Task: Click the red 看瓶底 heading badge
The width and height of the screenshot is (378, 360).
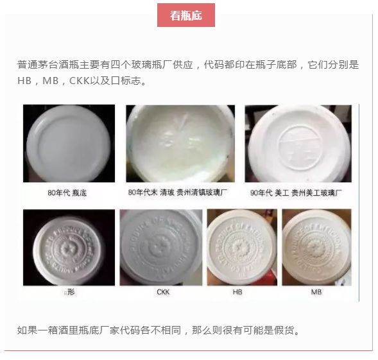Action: [186, 15]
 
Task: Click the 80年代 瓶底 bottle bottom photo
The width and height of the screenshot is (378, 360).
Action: [69, 142]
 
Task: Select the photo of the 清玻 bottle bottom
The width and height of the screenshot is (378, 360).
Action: [180, 142]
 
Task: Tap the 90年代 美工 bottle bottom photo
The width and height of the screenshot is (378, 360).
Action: [299, 142]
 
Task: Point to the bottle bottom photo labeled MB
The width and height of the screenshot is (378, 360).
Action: [316, 247]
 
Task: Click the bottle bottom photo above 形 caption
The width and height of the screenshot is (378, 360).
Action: [69, 247]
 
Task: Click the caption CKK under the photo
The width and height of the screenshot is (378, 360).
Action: [163, 292]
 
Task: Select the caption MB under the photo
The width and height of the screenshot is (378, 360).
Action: [316, 292]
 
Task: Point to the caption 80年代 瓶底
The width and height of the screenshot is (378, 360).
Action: [69, 192]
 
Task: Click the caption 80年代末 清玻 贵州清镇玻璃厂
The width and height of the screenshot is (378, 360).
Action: [181, 192]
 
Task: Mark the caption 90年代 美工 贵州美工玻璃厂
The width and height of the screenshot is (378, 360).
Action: [299, 192]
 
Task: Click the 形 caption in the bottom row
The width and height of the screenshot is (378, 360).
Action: [71, 292]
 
